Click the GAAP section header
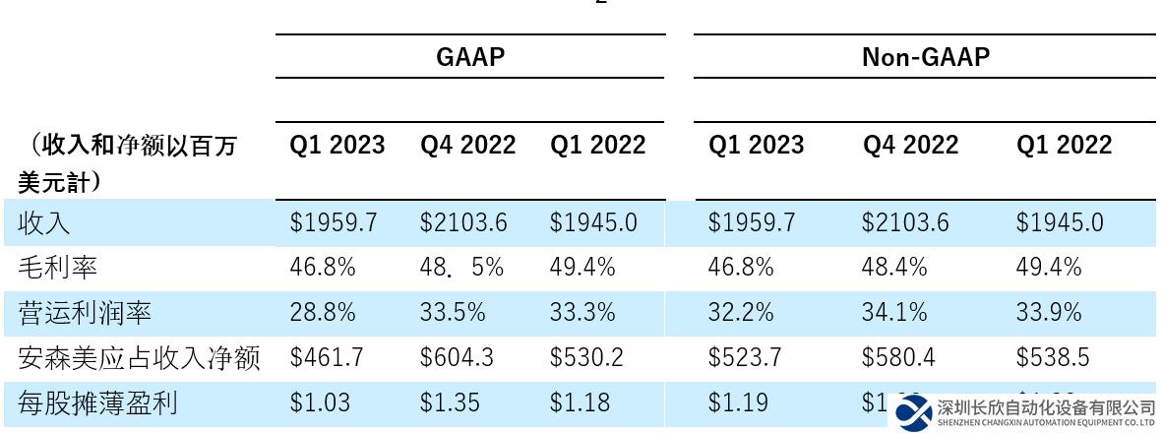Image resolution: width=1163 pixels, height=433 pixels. (x=470, y=57)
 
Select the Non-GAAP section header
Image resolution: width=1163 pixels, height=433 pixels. (x=925, y=57)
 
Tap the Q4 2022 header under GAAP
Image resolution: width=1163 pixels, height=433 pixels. (x=467, y=146)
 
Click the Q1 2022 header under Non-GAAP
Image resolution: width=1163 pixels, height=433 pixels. (x=1064, y=146)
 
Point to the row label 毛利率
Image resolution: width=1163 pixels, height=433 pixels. (x=58, y=268)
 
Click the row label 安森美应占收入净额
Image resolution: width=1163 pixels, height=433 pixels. (x=139, y=358)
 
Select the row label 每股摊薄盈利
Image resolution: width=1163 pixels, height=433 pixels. (x=97, y=402)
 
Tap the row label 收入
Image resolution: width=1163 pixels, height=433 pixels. (x=44, y=223)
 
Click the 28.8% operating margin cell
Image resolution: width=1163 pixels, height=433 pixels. (x=322, y=313)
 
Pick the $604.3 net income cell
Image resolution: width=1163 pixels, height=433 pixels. (x=457, y=358)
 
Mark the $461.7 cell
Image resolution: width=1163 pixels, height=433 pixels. (x=327, y=358)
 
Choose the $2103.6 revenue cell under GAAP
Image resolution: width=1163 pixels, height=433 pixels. (x=463, y=223)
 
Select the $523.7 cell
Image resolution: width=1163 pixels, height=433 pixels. (x=745, y=358)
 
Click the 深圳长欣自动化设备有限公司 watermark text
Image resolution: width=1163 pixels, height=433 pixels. (x=1046, y=406)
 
